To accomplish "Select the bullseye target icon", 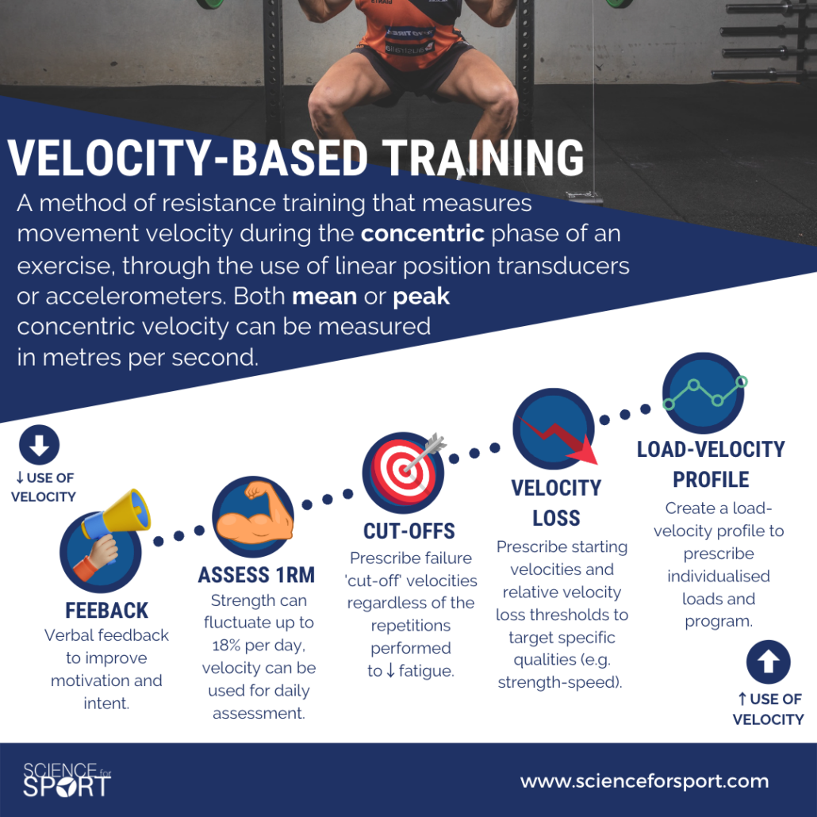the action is (x=404, y=472).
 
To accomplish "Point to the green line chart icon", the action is (x=704, y=393).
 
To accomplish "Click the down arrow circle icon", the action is (x=39, y=445).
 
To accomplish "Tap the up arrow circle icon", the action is (x=768, y=662).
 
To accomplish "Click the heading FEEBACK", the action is (x=107, y=611).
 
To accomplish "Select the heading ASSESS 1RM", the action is (x=256, y=575).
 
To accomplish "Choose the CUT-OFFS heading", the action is (x=409, y=531).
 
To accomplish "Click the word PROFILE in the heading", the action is (x=711, y=479).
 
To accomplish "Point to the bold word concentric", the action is (x=423, y=233).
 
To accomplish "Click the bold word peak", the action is (x=421, y=297).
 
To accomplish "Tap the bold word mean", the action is (x=324, y=297).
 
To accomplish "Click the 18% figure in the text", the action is (x=227, y=646).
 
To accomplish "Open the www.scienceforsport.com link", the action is (x=645, y=781).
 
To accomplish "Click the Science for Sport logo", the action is (x=67, y=780).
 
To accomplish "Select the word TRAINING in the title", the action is (x=483, y=158).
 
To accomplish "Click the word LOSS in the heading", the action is (x=556, y=519).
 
